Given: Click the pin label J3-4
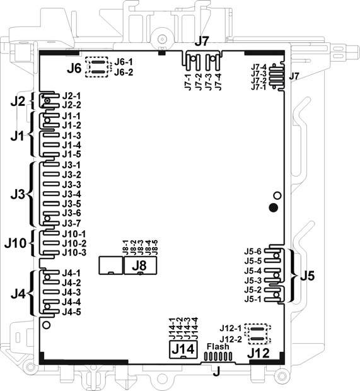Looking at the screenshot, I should click(x=72, y=194).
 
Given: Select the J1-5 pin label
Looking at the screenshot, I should click(x=72, y=154).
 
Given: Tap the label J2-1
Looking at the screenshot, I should click(x=72, y=96).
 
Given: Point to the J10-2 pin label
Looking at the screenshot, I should click(x=74, y=243).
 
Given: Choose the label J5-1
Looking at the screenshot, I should click(x=253, y=299).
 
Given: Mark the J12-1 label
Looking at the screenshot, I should click(x=231, y=329).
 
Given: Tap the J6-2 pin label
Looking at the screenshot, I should click(x=124, y=73).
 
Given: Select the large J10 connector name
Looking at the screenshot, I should click(x=16, y=242).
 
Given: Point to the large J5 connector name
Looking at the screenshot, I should click(x=307, y=276).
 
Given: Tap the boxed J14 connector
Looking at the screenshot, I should click(x=182, y=348).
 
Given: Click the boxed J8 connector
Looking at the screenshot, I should click(x=140, y=266).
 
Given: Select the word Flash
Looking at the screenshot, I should click(x=217, y=346).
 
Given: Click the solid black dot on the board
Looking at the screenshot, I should click(x=273, y=207).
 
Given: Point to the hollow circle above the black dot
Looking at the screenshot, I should click(x=276, y=195).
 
